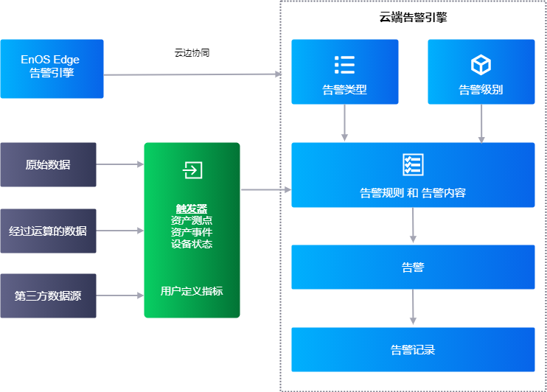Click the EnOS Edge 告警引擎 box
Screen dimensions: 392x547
click(52, 69)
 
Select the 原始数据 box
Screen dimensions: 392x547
click(48, 165)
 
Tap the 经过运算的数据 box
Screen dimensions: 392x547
click(48, 231)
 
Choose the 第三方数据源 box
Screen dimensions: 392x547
click(48, 295)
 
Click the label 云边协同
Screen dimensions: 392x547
click(192, 53)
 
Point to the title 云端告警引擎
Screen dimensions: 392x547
click(413, 18)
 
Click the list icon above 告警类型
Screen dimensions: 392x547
click(344, 65)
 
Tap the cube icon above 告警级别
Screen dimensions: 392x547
click(481, 65)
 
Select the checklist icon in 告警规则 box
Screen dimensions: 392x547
click(413, 164)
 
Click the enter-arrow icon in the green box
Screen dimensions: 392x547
click(192, 170)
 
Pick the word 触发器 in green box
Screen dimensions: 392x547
click(192, 209)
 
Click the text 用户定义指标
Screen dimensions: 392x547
click(192, 291)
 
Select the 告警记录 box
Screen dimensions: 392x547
click(413, 349)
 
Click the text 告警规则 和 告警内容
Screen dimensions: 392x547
click(413, 193)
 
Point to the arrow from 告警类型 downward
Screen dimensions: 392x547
click(344, 122)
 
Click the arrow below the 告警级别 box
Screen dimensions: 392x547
click(481, 122)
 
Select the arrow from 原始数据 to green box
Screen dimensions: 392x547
click(120, 164)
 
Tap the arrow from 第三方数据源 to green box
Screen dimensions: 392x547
click(120, 295)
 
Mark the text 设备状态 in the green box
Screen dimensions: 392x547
click(192, 244)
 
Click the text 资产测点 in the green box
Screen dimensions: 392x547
click(192, 220)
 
